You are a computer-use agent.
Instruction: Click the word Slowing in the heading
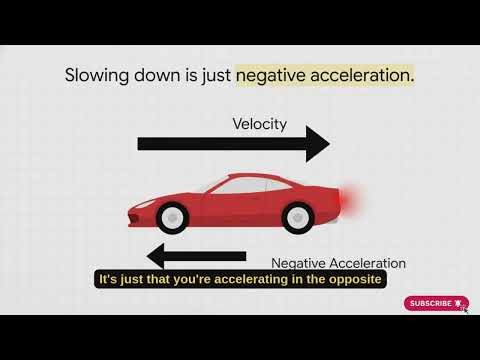click(96, 75)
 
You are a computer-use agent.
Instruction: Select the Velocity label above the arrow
click(259, 124)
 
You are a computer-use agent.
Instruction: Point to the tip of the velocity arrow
click(327, 145)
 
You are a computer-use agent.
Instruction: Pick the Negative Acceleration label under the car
click(339, 263)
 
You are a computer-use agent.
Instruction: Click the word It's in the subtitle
click(108, 279)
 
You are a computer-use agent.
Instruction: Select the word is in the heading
click(189, 75)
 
